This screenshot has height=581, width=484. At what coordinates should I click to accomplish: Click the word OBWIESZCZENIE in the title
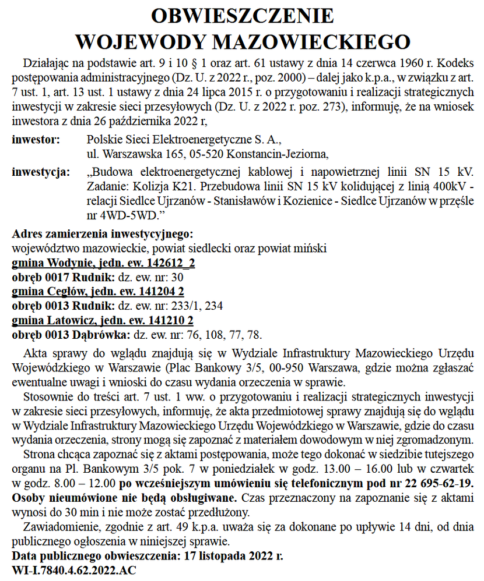click(x=242, y=16)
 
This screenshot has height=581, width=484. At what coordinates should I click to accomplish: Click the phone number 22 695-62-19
click(x=441, y=484)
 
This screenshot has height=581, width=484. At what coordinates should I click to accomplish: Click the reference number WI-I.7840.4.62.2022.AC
click(x=74, y=570)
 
